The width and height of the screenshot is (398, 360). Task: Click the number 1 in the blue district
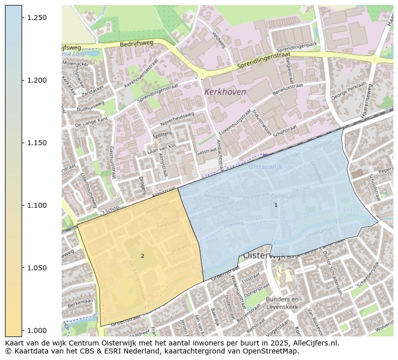(276, 205)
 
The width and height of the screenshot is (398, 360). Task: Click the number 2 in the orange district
(142, 256)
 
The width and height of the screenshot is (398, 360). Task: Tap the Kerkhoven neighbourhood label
(225, 92)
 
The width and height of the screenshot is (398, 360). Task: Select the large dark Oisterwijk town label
(264, 255)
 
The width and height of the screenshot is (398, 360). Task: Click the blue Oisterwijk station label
(266, 167)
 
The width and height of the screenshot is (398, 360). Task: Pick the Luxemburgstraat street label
(234, 123)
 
